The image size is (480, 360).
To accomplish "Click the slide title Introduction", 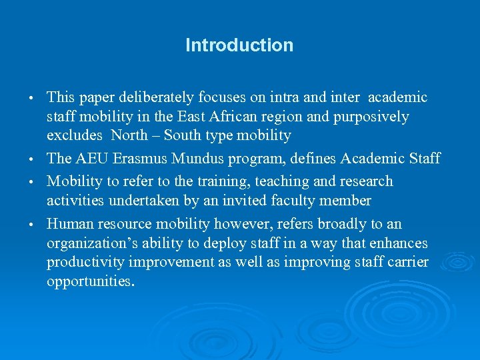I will click(239, 45).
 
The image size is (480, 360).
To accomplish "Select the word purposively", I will click(371, 117).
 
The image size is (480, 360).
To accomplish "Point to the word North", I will click(130, 135).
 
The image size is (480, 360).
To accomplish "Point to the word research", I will click(366, 181).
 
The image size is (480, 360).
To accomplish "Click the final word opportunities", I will click(90, 281).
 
